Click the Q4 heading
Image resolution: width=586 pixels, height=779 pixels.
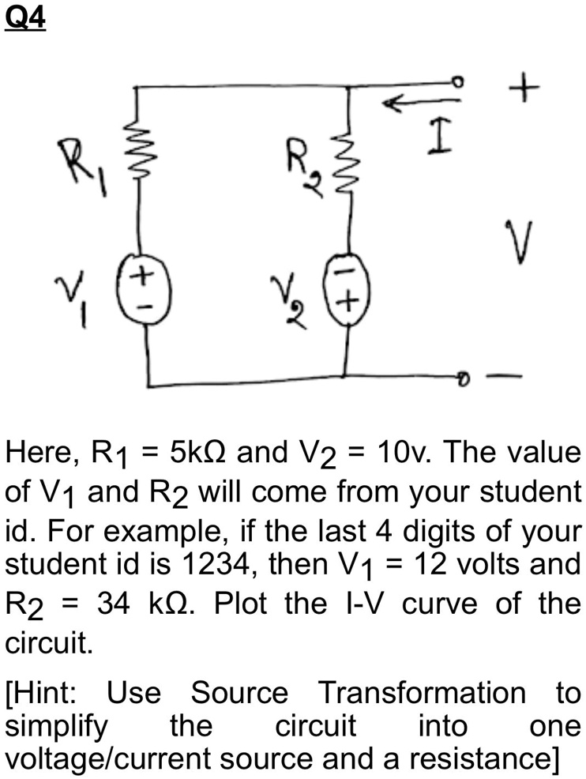coord(25,18)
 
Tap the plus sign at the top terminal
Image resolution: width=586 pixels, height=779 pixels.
coord(525,86)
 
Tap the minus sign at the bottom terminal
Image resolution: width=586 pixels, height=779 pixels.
coord(506,377)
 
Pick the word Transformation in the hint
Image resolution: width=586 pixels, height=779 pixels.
coord(421,693)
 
